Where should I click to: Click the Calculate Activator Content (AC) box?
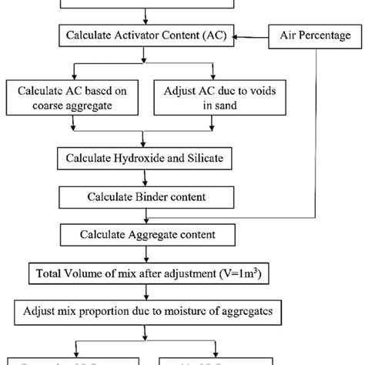(146, 35)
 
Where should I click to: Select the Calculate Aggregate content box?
(146, 233)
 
